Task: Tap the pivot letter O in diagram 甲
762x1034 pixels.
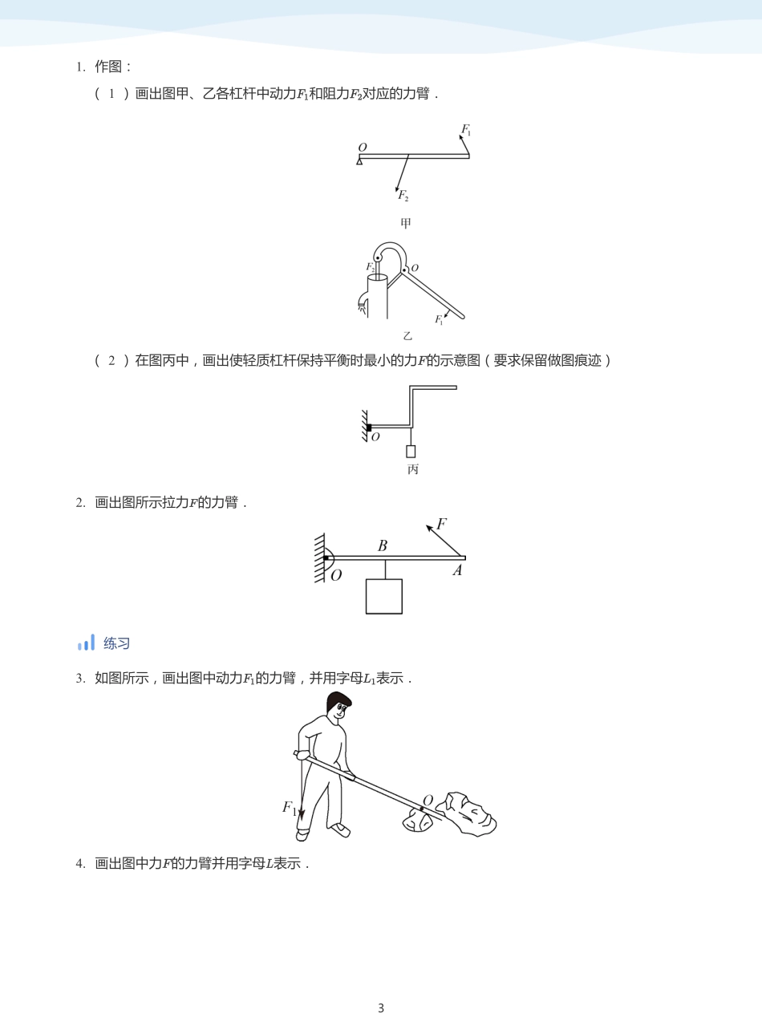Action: click(x=363, y=148)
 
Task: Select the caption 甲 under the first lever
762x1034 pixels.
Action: click(x=406, y=223)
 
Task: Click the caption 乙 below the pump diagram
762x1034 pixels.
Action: click(x=407, y=336)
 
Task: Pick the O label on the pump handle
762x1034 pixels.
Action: click(x=415, y=269)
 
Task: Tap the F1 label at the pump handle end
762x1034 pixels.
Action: click(x=439, y=319)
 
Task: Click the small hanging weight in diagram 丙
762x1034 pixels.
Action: click(x=411, y=452)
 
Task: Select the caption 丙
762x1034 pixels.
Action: click(x=413, y=469)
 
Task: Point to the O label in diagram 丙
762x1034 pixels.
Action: click(x=375, y=437)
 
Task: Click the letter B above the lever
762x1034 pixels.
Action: click(x=383, y=545)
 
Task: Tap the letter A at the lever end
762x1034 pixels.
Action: click(x=457, y=571)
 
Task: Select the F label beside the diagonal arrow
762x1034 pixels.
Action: click(x=441, y=525)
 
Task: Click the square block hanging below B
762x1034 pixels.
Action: click(x=384, y=597)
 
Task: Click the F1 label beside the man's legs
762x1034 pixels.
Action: click(x=289, y=808)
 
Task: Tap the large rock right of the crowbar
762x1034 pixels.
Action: click(x=469, y=815)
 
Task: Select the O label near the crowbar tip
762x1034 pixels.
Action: click(x=428, y=801)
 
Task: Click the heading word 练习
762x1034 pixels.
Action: click(x=116, y=643)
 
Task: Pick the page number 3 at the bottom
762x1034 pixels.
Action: click(x=381, y=1008)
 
